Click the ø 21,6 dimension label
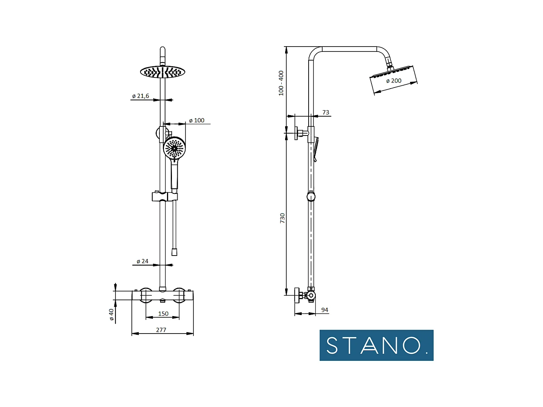coord(140,96)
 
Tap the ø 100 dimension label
coord(197,120)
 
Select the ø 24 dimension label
coord(142,261)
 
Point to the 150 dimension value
coord(163,313)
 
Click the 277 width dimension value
coord(161,330)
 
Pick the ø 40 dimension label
coord(112,315)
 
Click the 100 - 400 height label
coord(281,83)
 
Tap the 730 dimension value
coord(282,218)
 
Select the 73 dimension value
coord(326,112)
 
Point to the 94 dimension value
coord(325,310)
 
